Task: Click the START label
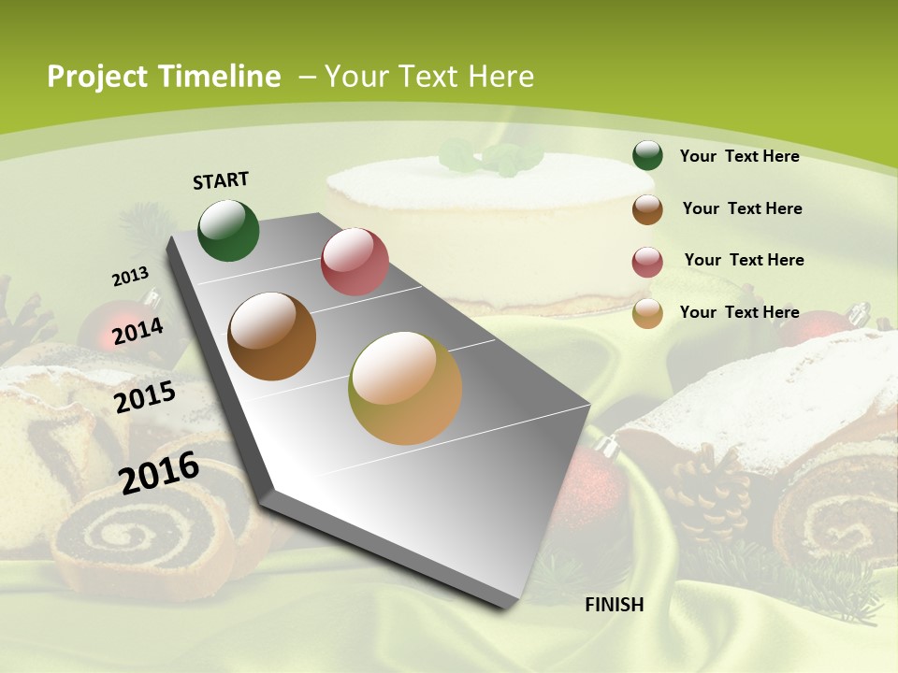tap(221, 179)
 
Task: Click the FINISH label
tap(615, 604)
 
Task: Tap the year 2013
tap(130, 277)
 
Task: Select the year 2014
tap(138, 331)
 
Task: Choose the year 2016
tap(159, 472)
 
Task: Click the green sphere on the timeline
tap(229, 230)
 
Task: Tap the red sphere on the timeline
tap(355, 262)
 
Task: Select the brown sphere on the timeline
tap(272, 336)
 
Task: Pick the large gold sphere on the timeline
tap(405, 388)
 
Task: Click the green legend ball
tap(647, 155)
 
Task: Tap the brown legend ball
tap(647, 208)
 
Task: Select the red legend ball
tap(647, 261)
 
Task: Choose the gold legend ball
tap(647, 313)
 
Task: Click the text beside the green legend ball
tap(739, 156)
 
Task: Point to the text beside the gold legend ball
tap(739, 312)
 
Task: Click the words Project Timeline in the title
tap(164, 77)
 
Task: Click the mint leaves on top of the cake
tap(491, 157)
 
